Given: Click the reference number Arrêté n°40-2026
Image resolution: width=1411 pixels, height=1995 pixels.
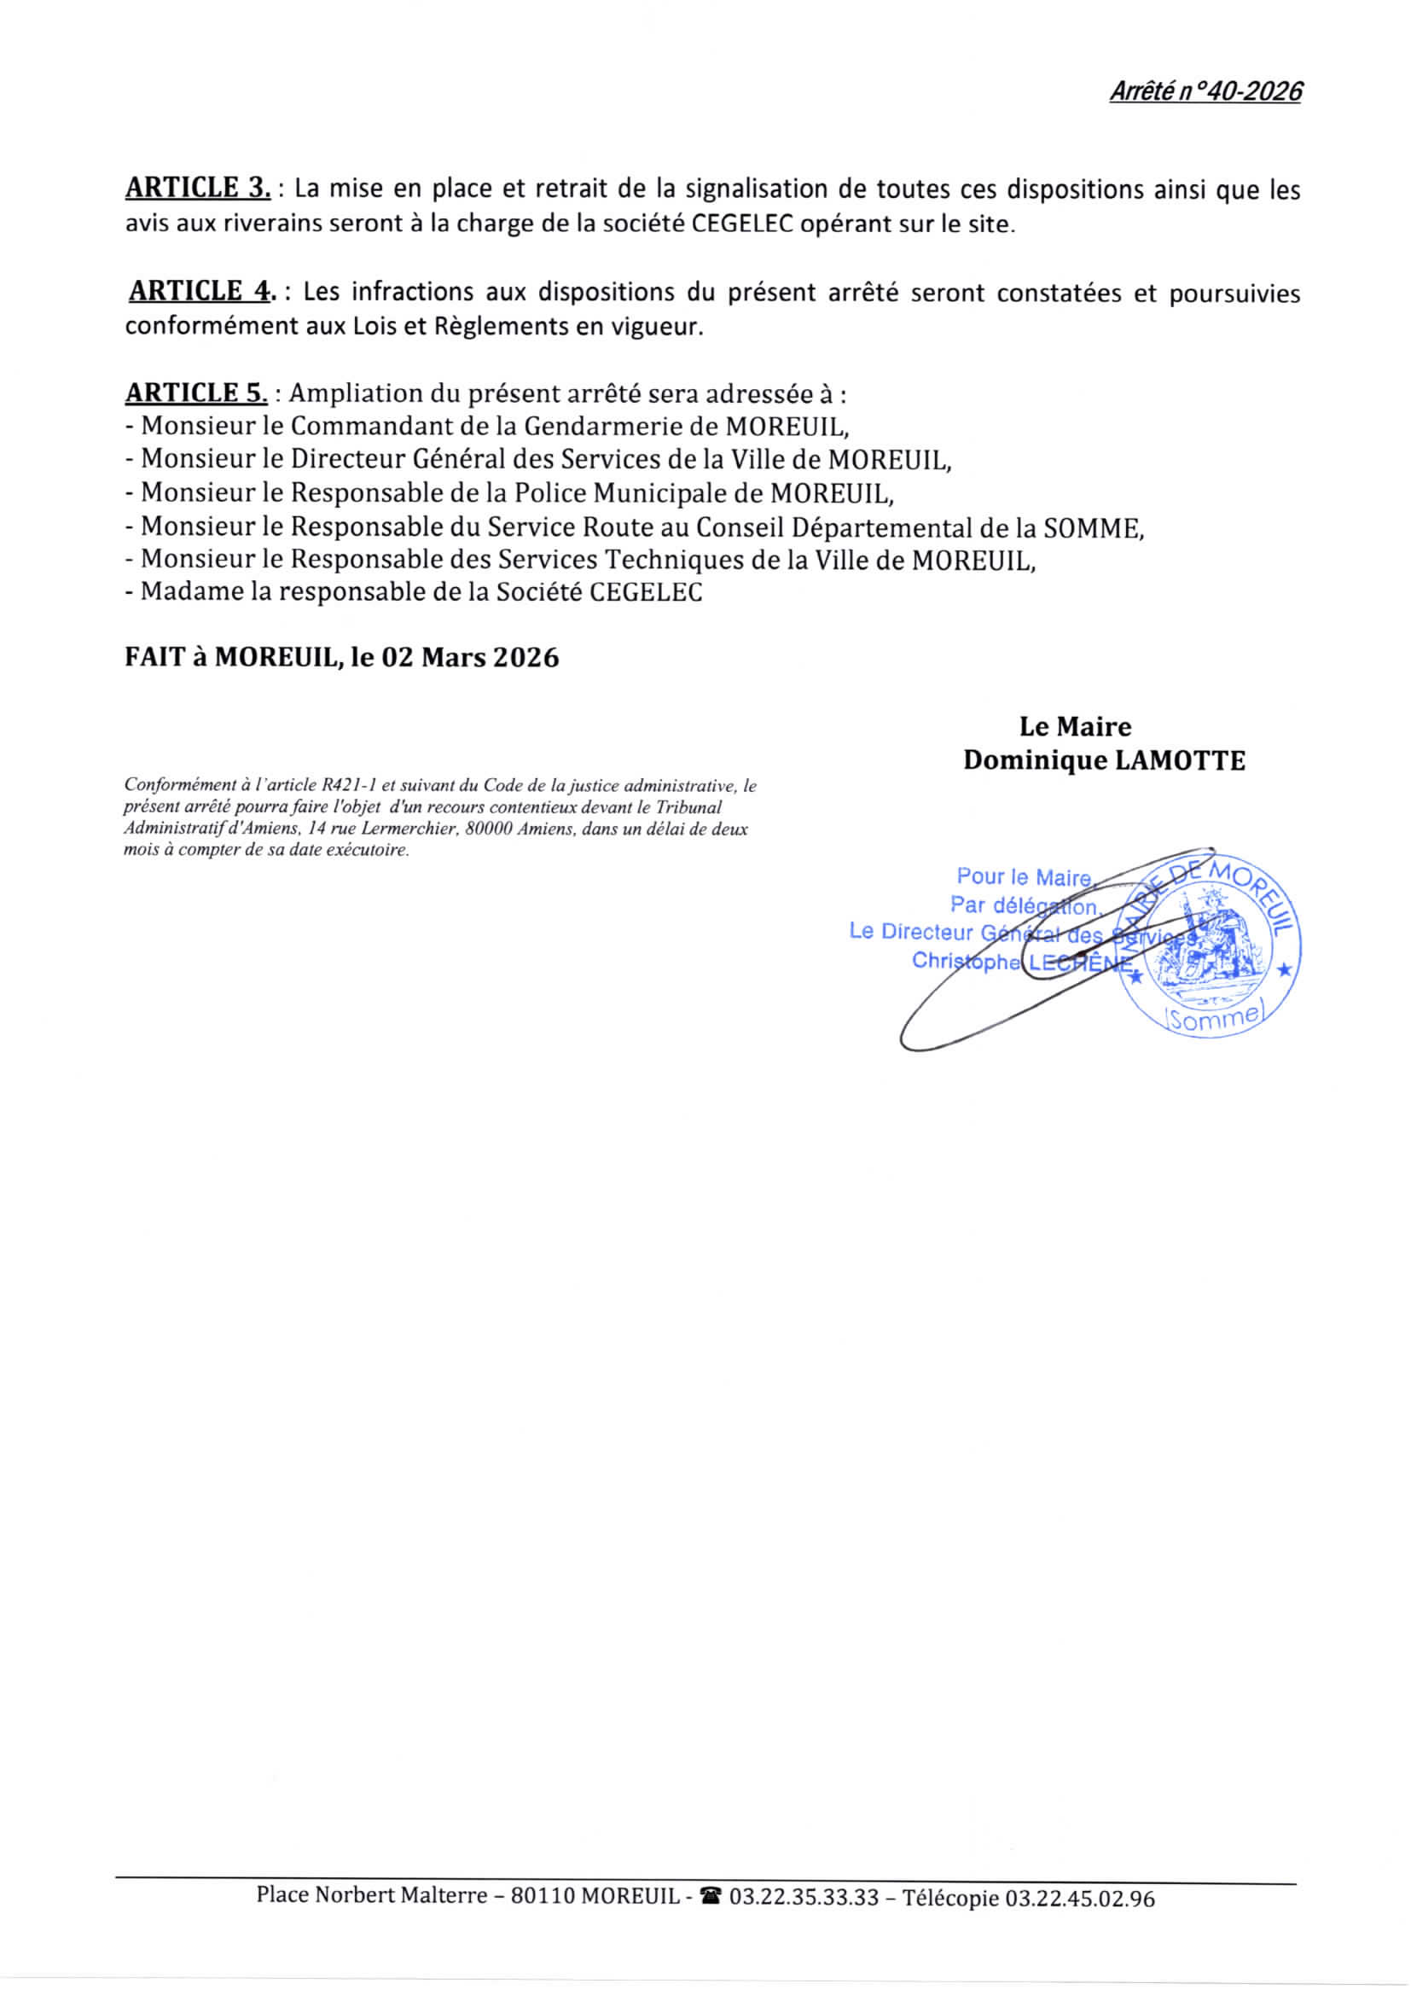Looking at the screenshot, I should tap(1205, 91).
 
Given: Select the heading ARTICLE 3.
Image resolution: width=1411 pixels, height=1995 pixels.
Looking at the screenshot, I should tap(198, 188).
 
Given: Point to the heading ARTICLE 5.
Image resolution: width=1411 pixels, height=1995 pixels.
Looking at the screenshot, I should tap(196, 393).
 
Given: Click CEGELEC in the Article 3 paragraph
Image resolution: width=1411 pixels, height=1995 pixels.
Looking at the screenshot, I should tap(743, 224).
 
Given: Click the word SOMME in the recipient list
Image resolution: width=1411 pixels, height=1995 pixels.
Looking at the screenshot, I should tap(1091, 527).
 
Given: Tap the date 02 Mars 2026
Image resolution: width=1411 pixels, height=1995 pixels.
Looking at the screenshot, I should tap(470, 657).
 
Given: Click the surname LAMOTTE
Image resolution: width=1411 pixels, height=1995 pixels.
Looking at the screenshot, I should tap(1180, 761).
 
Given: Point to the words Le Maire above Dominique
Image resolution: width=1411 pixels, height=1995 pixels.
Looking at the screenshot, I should tap(1075, 726).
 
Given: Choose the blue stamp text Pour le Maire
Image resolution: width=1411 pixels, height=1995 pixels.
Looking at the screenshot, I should tap(1023, 876).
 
